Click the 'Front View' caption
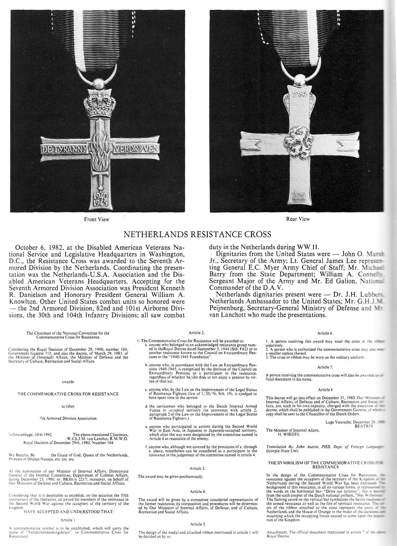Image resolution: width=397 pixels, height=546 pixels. (x=97, y=219)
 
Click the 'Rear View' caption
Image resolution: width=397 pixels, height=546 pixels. (x=298, y=219)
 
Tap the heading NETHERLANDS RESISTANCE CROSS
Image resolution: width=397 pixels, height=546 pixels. (x=198, y=234)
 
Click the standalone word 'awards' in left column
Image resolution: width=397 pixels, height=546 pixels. (x=68, y=381)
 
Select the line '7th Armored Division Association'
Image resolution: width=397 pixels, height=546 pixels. (x=68, y=418)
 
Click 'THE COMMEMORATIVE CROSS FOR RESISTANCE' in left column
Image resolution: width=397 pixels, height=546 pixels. (x=68, y=394)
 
